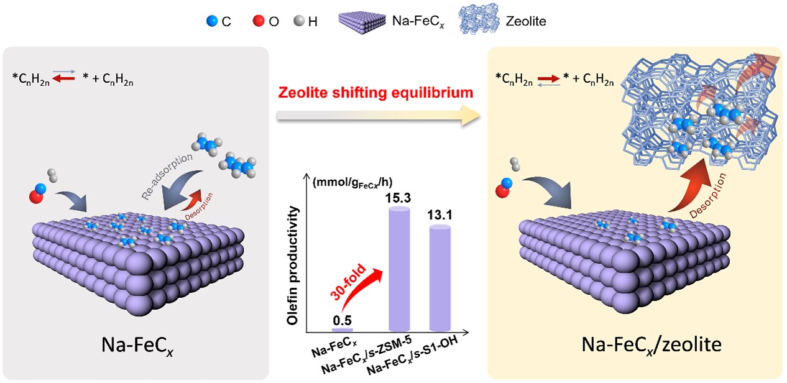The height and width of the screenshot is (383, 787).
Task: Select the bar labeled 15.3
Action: coord(399,269)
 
